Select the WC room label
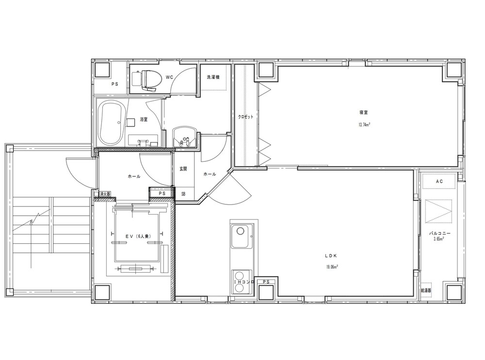pyautogui.click(x=169, y=77)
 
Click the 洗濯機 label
pyautogui.click(x=213, y=77)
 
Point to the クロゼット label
pyautogui.click(x=245, y=117)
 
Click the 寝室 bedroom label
pyautogui.click(x=364, y=113)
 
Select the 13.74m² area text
pyautogui.click(x=364, y=125)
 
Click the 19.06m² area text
pyautogui.click(x=331, y=267)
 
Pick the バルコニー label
pyautogui.click(x=439, y=234)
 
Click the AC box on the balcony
pyautogui.click(x=439, y=181)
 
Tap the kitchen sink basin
pyautogui.click(x=242, y=236)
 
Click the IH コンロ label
pyautogui.click(x=244, y=282)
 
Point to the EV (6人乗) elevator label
pyautogui.click(x=138, y=236)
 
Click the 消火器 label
pyautogui.click(x=105, y=194)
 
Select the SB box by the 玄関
pyautogui.click(x=183, y=194)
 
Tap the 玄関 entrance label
pyautogui.click(x=183, y=169)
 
